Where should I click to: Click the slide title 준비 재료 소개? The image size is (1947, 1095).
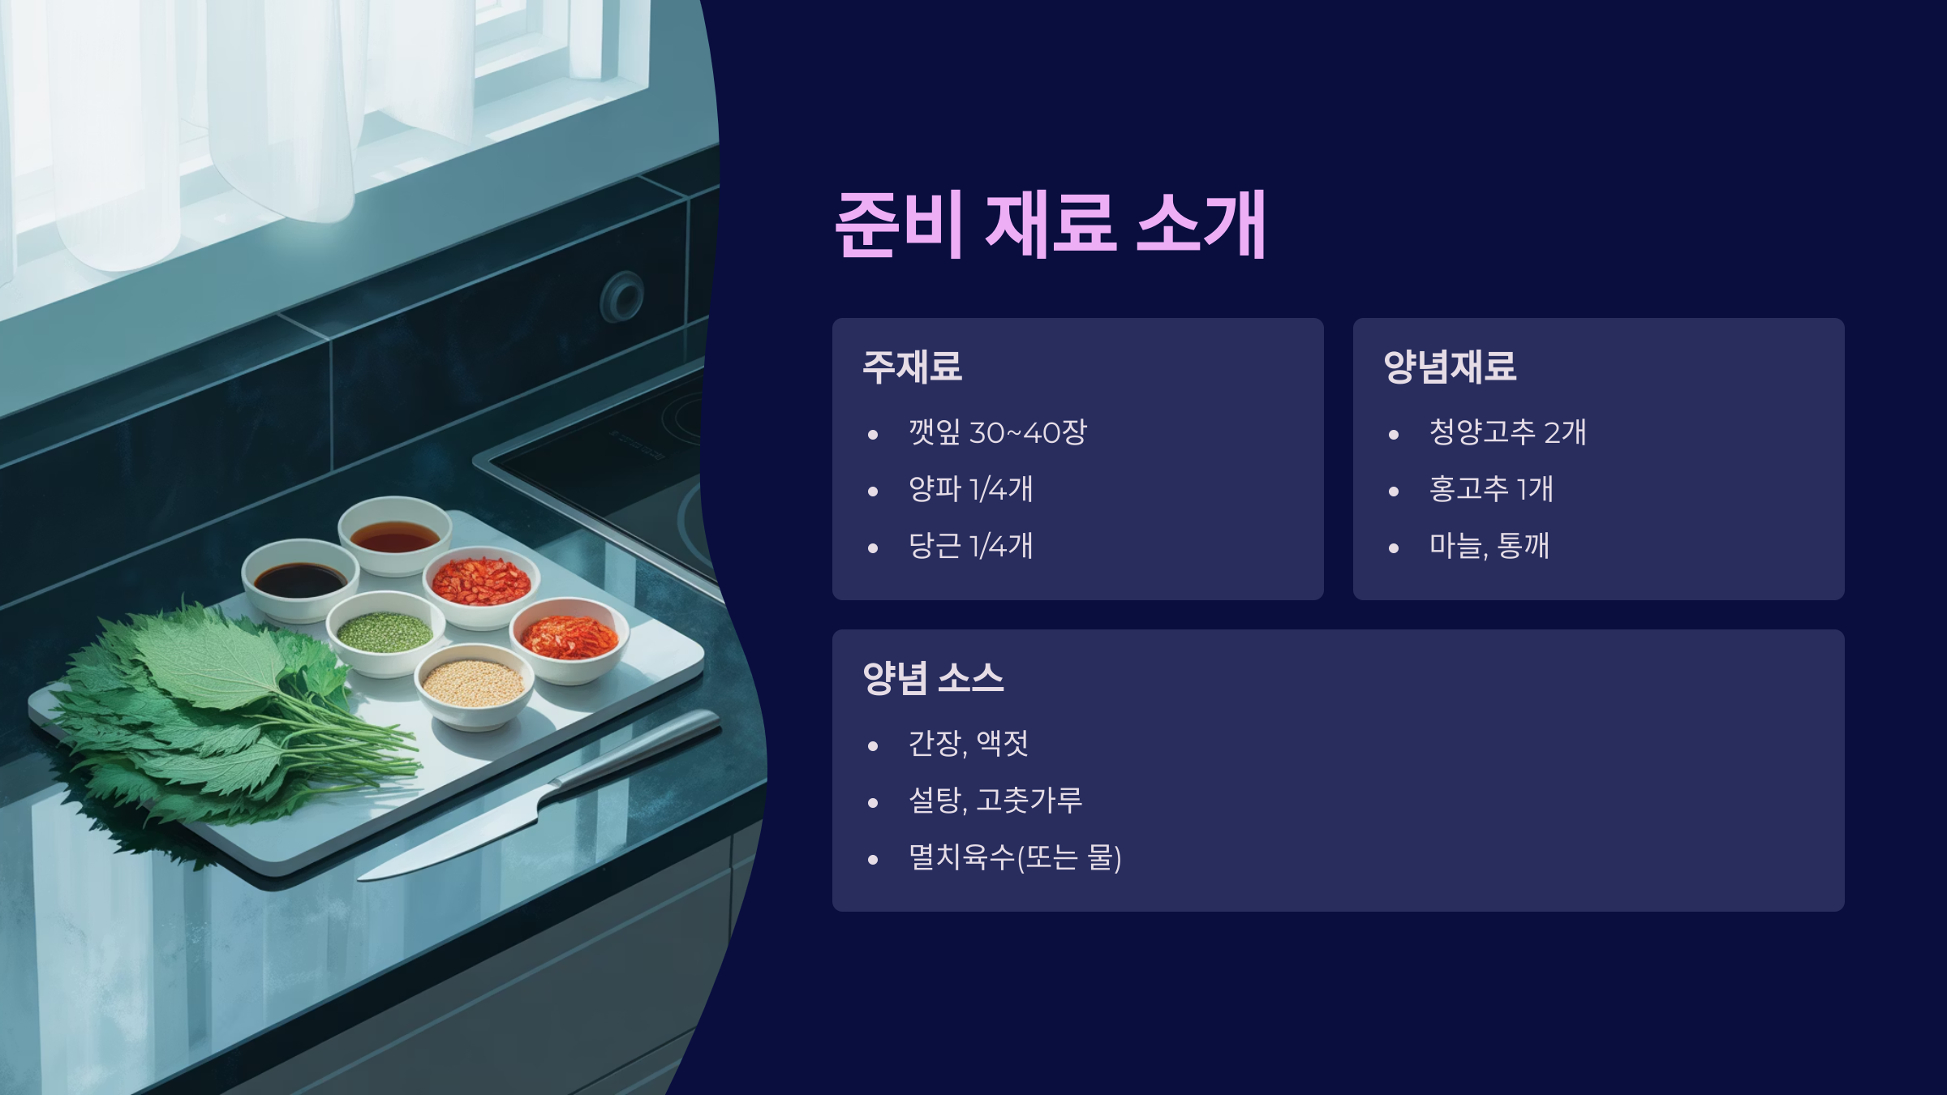pos(1051,224)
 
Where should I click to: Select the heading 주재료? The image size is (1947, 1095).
pos(912,367)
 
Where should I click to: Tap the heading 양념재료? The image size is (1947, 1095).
pos(1450,367)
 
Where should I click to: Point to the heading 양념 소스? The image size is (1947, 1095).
pos(933,678)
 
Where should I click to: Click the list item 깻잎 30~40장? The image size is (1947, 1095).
pos(997,432)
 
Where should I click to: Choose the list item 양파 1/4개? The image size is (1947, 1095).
pos(970,489)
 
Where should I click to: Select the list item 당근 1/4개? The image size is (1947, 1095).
pos(970,546)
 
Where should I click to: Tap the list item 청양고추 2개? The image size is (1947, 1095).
pos(1507,432)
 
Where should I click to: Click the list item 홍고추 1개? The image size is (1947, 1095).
pos(1491,489)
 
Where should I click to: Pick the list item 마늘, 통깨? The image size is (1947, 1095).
pos(1489,546)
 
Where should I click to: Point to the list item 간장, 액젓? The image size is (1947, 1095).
pos(969,744)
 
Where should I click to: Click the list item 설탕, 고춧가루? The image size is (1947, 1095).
pos(995,801)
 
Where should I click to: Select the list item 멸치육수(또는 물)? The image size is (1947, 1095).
pos(1015,857)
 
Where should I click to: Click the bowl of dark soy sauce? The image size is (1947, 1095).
pos(300,579)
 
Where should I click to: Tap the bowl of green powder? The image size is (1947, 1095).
pos(385,633)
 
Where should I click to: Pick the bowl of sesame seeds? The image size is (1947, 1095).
pos(475,685)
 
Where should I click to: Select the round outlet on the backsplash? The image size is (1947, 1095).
pos(622,295)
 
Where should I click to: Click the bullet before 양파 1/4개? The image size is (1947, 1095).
pos(873,492)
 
